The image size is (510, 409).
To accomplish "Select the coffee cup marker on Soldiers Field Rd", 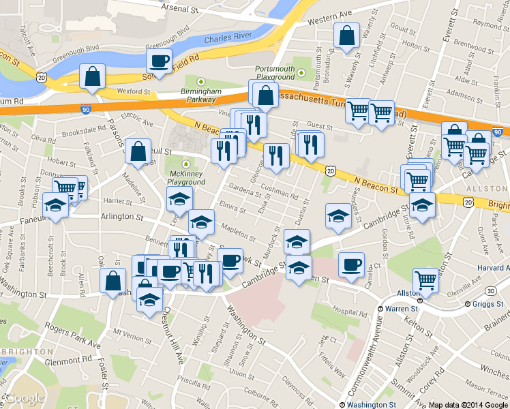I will coord(159,62).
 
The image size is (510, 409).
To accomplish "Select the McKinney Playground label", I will coord(187,178).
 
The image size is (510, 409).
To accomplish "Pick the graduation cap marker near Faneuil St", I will coord(55,204).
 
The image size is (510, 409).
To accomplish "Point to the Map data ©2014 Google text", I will coord(468,404).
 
